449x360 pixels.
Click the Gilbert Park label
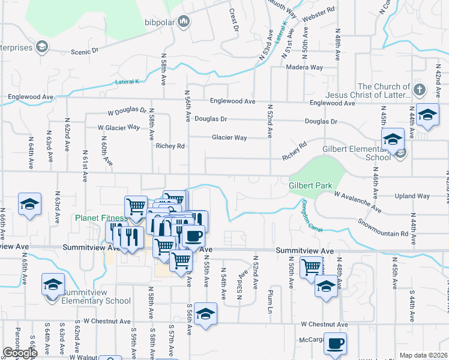point(310,186)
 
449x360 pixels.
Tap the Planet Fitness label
point(101,218)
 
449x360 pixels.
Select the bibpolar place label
point(161,23)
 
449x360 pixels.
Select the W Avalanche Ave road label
point(358,202)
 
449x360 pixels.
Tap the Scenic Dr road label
point(84,52)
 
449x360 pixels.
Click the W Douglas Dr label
point(127,112)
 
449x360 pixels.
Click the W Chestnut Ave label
point(324,325)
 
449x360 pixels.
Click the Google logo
point(20,353)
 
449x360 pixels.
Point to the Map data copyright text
point(423,355)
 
